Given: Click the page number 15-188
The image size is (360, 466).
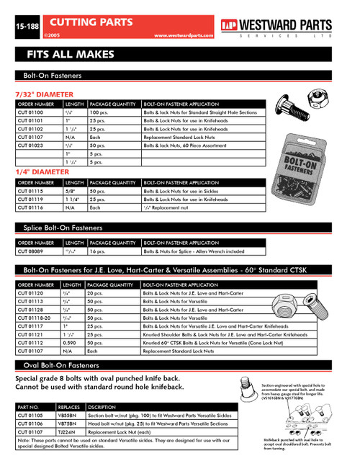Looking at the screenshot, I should click(18, 27).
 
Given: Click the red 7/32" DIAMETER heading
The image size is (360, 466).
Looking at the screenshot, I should click(45, 94).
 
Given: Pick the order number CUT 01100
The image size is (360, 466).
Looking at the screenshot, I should click(30, 113).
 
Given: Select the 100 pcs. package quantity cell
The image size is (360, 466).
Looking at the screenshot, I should click(99, 113).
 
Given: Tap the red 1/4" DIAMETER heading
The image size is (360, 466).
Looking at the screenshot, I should click(42, 172).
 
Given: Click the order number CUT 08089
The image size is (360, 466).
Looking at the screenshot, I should click(30, 251).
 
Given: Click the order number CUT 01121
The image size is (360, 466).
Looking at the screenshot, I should click(30, 334).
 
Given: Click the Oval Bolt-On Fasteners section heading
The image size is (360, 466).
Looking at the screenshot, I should click(60, 365).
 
